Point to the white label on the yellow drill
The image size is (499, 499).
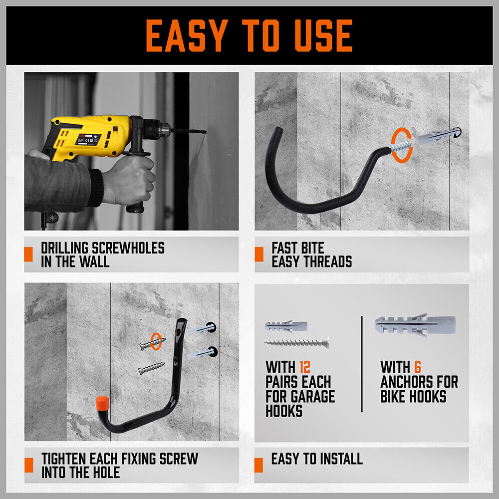[x=88, y=139]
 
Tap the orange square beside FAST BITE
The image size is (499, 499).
[x=258, y=254]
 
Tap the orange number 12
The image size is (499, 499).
[x=304, y=368]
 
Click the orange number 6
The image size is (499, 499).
[x=417, y=368]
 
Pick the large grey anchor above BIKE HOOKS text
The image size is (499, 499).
[x=415, y=325]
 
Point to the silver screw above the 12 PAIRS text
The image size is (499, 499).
[x=296, y=343]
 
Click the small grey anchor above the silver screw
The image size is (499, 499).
[x=286, y=327]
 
